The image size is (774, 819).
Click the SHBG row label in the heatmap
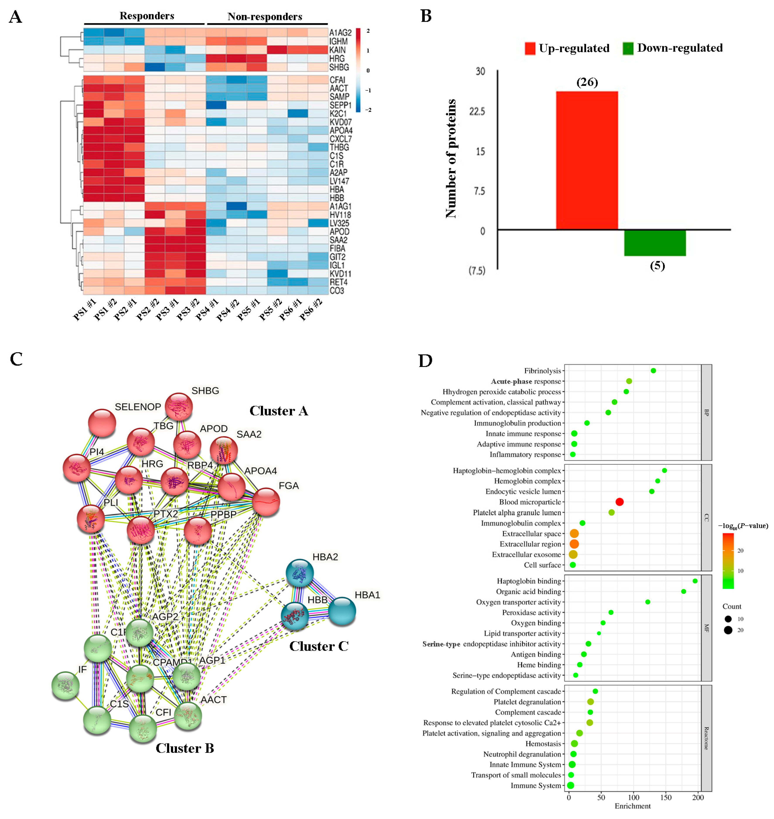pos(339,67)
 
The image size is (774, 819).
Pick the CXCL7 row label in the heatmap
pos(340,139)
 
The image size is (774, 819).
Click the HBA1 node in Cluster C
pos(342,611)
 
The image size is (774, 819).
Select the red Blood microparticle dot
pos(619,502)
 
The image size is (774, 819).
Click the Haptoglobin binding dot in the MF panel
pos(695,581)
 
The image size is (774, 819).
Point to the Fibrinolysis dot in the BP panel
pos(653,371)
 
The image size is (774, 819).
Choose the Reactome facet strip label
pos(706,738)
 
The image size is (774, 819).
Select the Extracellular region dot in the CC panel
pos(574,544)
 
